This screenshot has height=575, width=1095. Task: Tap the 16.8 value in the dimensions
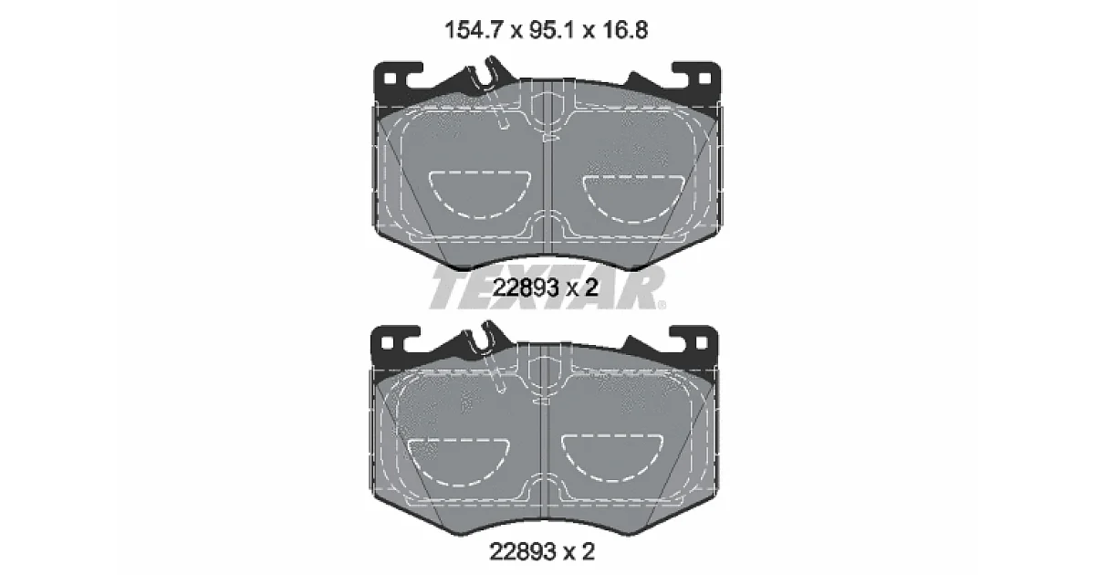tap(625, 30)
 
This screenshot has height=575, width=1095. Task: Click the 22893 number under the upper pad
tap(526, 288)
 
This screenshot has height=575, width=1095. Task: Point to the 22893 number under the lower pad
tap(523, 552)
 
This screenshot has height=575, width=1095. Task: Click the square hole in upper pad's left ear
tap(391, 78)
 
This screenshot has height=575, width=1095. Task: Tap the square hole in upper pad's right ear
tap(704, 78)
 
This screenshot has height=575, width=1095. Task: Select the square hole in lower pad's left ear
tap(387, 343)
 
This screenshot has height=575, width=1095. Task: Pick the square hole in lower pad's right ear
tap(702, 343)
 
